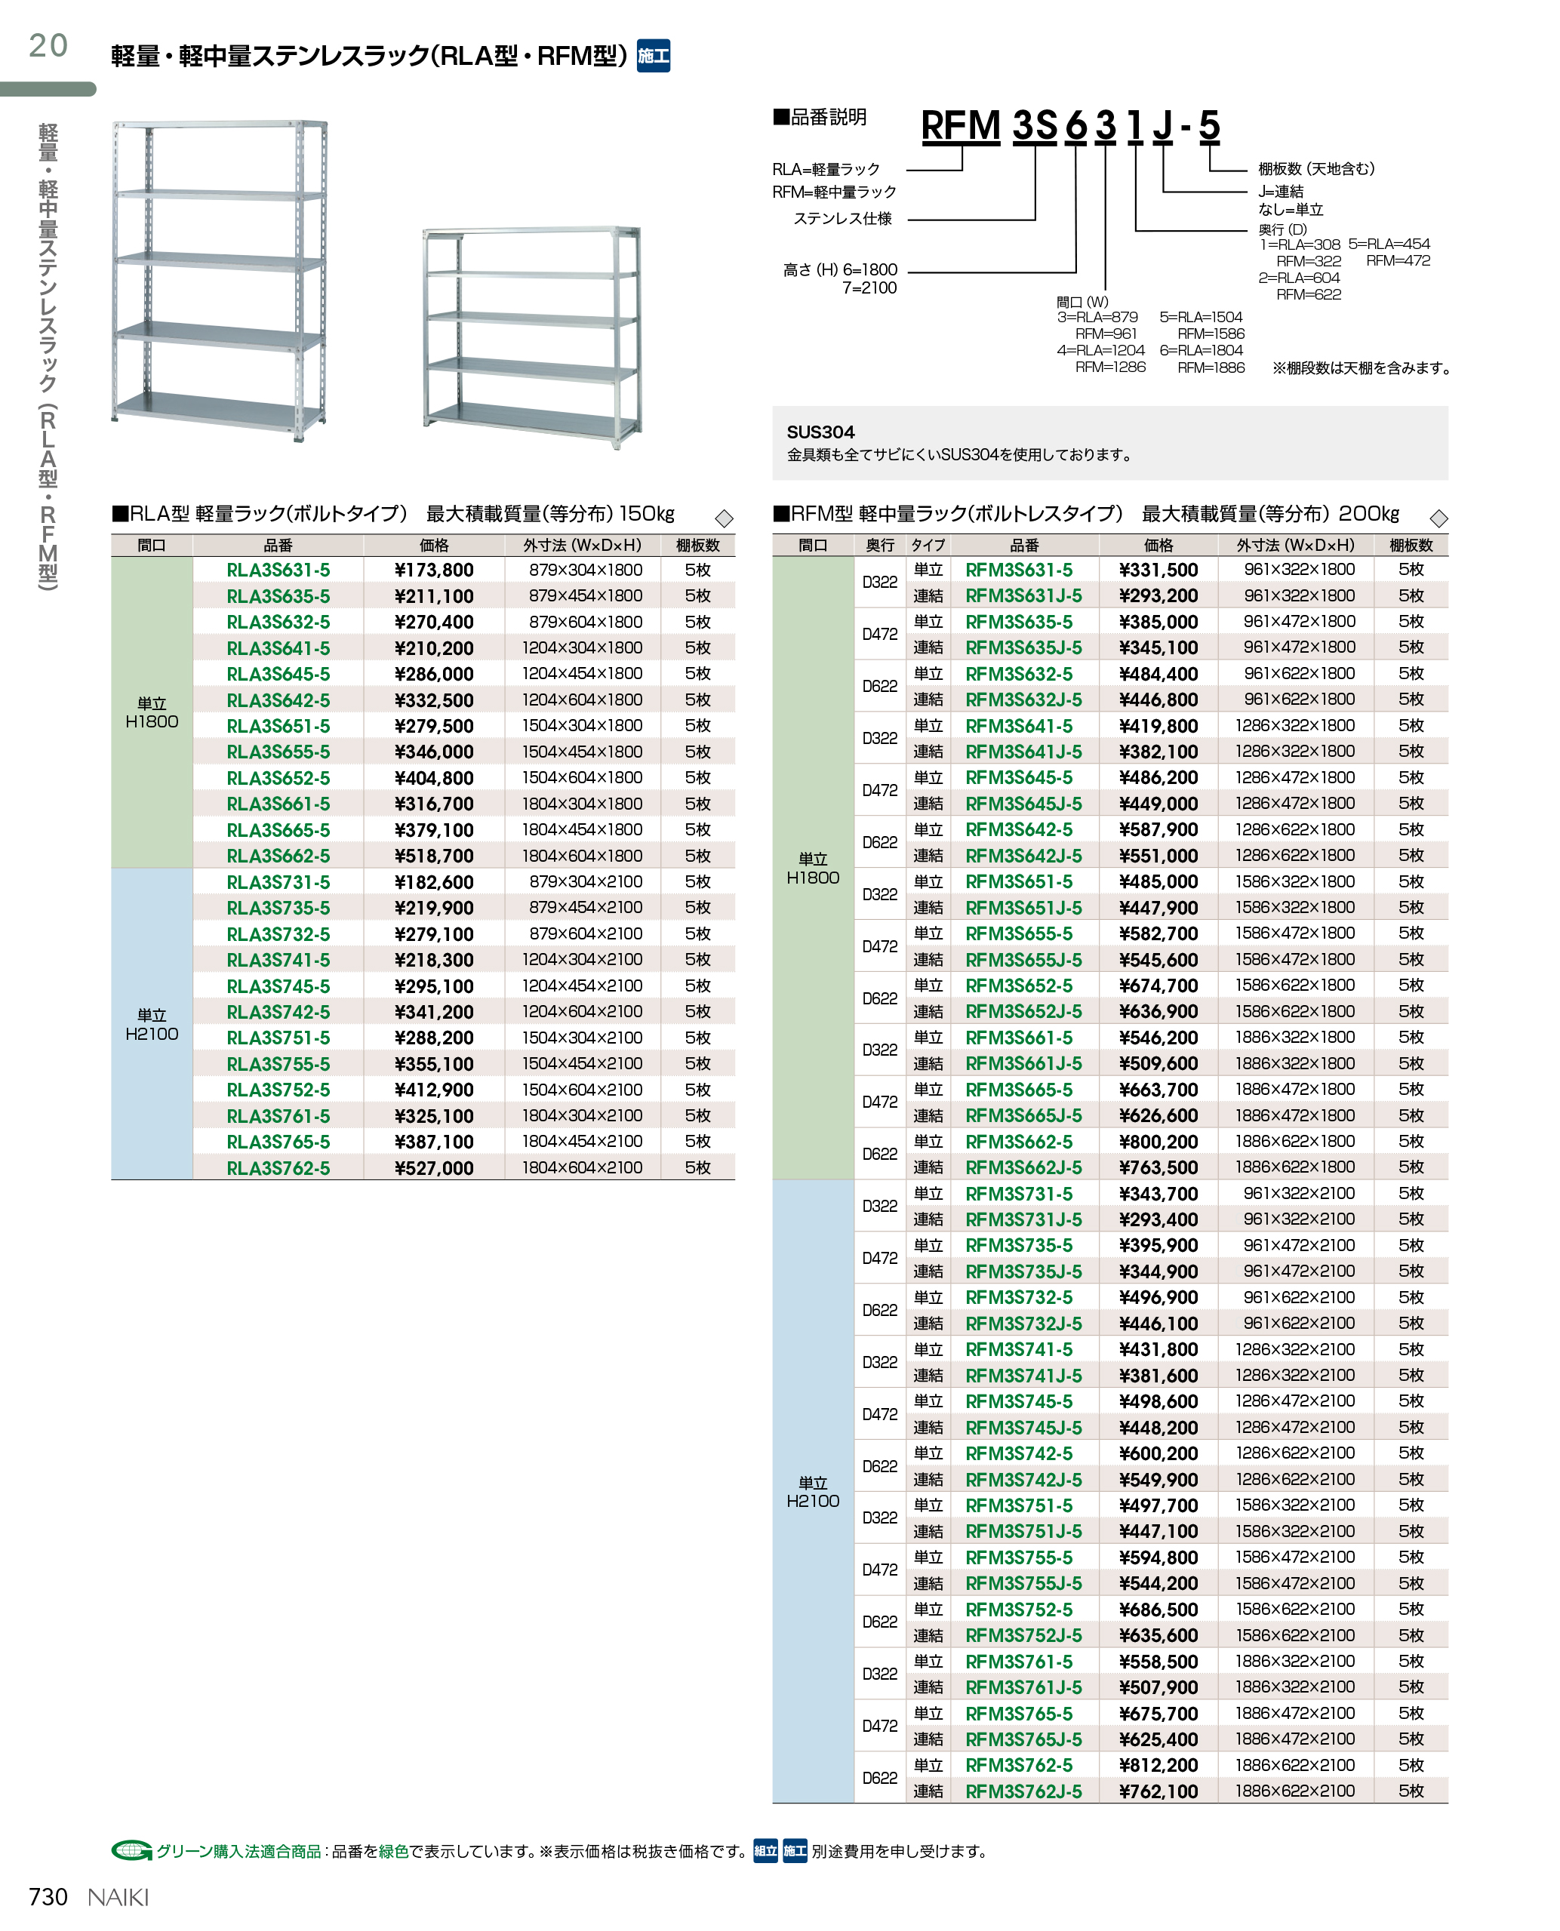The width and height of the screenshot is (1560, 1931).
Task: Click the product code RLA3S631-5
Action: tap(278, 570)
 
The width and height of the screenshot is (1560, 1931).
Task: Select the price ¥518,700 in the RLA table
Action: tap(433, 856)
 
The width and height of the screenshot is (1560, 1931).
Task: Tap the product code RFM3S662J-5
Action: tap(1023, 1167)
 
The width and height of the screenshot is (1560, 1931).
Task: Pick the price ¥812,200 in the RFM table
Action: tap(1158, 1766)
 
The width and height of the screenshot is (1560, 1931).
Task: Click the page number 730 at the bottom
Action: tap(48, 1897)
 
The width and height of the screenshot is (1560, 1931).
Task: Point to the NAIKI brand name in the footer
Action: tap(118, 1897)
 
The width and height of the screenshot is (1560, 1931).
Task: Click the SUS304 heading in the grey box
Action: tap(820, 432)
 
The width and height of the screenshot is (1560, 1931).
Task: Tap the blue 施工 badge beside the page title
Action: tap(654, 56)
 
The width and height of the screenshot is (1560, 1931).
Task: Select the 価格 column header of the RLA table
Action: tap(434, 546)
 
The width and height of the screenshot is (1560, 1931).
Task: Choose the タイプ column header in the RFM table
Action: tap(928, 546)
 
